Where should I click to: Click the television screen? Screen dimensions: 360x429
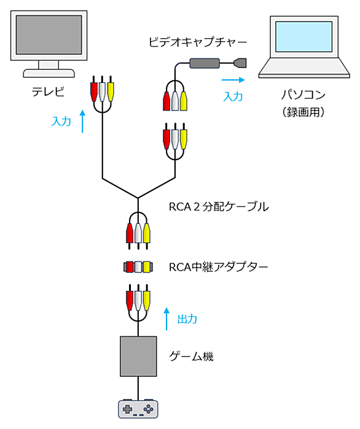[49, 35]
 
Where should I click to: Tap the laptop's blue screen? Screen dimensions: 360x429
[303, 36]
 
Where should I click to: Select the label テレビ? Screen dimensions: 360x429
[48, 91]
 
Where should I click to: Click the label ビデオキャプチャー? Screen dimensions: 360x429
[198, 42]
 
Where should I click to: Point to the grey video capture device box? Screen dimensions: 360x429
[205, 63]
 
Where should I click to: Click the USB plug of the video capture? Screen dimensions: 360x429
[240, 63]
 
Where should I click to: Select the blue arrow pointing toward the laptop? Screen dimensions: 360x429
[233, 80]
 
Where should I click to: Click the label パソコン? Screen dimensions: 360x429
[303, 95]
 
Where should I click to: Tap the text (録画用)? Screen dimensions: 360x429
[303, 112]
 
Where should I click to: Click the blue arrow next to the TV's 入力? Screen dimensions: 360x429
[82, 121]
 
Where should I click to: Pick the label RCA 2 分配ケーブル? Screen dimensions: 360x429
[219, 207]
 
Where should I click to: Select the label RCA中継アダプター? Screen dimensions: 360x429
[218, 267]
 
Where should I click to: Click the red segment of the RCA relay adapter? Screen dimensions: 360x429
[130, 267]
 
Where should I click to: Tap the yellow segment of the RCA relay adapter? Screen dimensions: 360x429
[147, 267]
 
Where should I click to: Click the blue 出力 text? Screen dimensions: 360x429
[187, 319]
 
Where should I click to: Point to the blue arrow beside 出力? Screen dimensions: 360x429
[166, 319]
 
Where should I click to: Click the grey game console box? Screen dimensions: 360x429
[138, 356]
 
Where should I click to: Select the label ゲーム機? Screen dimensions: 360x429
[191, 356]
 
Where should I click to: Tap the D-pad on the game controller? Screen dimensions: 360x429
[127, 409]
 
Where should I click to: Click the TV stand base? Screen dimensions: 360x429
[49, 73]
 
